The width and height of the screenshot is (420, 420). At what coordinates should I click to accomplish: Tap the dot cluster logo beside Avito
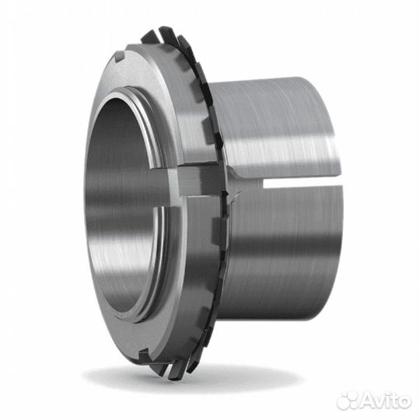[347, 400]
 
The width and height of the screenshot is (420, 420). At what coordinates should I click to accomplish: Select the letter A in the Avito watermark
[364, 401]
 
